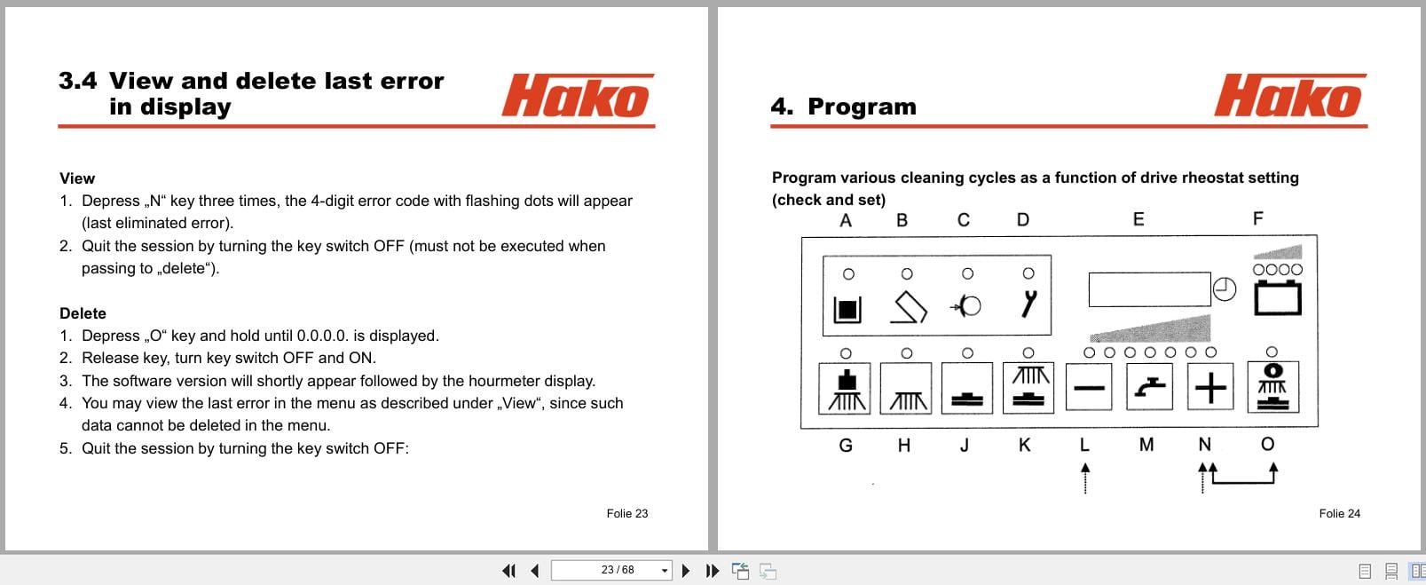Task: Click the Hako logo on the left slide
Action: click(577, 97)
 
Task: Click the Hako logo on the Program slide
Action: click(1289, 97)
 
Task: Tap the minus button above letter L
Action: click(1089, 388)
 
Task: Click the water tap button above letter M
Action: click(1149, 388)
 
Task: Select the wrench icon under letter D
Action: click(1028, 304)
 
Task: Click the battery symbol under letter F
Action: click(1277, 298)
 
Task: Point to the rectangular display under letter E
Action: click(1149, 289)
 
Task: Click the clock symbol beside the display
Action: click(1225, 289)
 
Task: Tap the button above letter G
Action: click(846, 388)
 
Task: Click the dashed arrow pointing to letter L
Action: click(1084, 478)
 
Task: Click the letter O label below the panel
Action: click(1267, 444)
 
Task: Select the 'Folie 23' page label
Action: click(626, 513)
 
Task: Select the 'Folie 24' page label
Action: click(1339, 513)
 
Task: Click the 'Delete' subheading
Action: click(83, 313)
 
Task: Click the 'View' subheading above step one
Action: click(77, 178)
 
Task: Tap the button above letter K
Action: click(1028, 388)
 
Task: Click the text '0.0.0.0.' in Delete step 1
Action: click(323, 336)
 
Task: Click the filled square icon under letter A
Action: click(847, 309)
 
